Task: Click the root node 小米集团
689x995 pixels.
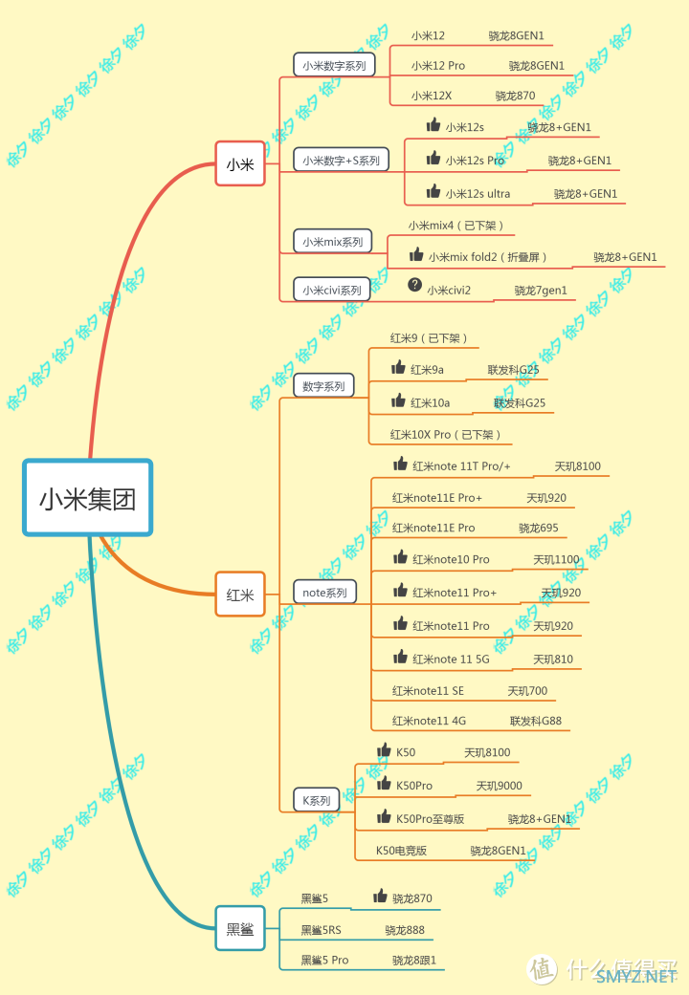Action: click(87, 498)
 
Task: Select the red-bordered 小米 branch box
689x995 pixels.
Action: click(239, 164)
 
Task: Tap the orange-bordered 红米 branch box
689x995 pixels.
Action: click(239, 594)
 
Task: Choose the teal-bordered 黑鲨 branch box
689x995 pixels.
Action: click(239, 928)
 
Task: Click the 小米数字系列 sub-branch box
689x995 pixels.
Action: click(333, 65)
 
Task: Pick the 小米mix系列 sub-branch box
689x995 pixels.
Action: click(332, 242)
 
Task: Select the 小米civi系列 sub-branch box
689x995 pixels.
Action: click(331, 290)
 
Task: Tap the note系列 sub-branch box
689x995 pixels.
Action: click(324, 593)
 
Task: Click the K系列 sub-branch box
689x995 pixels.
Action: click(316, 800)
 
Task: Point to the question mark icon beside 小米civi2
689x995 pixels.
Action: click(414, 285)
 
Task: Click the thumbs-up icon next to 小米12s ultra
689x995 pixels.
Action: click(433, 191)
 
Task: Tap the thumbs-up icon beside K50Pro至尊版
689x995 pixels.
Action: click(384, 816)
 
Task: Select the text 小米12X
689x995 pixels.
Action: click(432, 96)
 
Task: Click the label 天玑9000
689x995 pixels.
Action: click(500, 786)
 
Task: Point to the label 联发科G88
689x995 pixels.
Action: click(536, 721)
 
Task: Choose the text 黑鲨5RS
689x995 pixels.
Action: click(321, 930)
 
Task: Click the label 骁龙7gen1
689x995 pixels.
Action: click(541, 291)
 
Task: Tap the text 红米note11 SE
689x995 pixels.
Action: click(428, 691)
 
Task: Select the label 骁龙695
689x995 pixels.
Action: click(539, 528)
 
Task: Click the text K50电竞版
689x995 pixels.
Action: click(401, 850)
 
